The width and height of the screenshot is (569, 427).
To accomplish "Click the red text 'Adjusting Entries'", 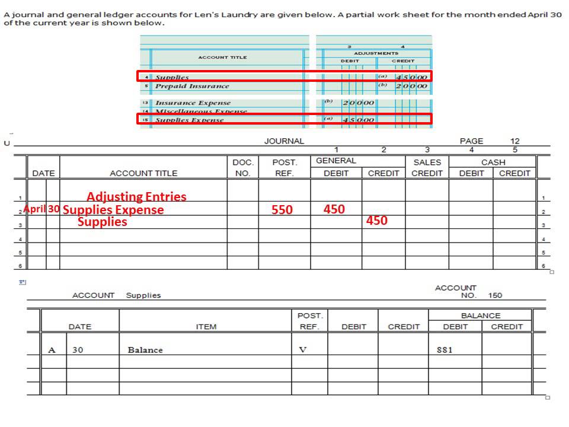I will point(136,197).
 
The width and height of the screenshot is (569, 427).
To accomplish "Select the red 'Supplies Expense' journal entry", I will point(113,210).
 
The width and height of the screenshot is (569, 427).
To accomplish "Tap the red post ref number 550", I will point(282,210).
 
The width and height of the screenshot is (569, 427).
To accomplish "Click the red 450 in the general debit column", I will point(334,209).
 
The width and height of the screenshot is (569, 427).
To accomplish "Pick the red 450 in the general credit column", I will point(376,221).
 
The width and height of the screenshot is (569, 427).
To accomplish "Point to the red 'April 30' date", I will point(41,209).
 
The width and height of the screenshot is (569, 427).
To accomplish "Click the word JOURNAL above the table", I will point(284,141).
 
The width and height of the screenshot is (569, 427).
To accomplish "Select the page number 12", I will point(514,141).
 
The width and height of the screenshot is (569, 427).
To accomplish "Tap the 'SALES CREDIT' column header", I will point(427,168).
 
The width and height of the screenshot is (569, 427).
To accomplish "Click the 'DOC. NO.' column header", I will point(242,168).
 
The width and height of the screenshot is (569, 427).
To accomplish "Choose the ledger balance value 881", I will point(445,350).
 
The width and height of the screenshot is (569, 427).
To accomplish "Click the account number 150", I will point(495,295).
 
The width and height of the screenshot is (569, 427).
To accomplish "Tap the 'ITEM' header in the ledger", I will point(206,327).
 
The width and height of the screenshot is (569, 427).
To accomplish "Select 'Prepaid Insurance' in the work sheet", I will point(192,87).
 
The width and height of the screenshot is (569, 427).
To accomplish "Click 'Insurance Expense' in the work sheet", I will point(193,103).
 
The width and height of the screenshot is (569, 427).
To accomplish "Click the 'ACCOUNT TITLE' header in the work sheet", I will point(222,58).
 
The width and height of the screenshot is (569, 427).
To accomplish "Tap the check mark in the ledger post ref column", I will point(302,350).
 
